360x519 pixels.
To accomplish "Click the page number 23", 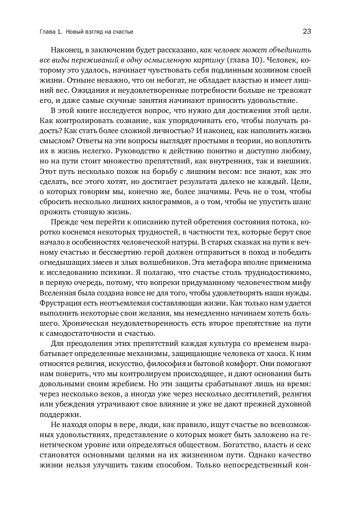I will pos(307,32).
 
